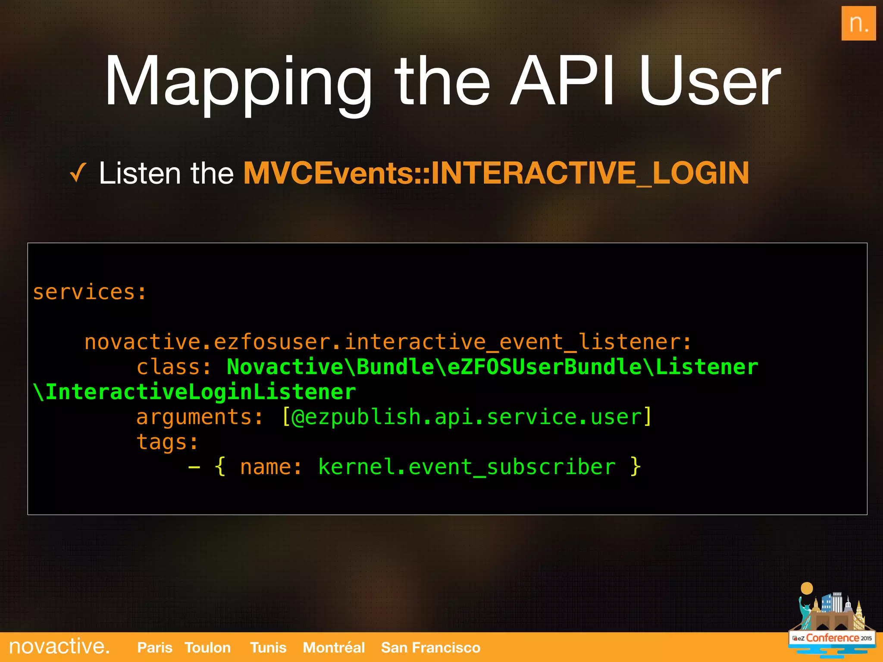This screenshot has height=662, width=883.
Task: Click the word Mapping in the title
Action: (x=238, y=82)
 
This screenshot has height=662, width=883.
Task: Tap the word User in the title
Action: (x=710, y=82)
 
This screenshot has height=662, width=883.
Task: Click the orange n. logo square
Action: (x=858, y=24)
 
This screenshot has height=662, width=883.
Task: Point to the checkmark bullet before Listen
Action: (x=78, y=173)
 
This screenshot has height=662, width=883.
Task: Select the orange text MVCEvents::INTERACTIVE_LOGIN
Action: (x=496, y=173)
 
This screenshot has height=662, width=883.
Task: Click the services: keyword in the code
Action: (x=90, y=292)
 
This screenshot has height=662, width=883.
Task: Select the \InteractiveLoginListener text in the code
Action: (x=194, y=392)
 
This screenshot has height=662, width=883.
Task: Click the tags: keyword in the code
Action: (x=167, y=442)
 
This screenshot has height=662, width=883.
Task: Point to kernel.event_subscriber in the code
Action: (x=467, y=467)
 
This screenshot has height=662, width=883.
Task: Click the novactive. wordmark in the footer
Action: (x=59, y=646)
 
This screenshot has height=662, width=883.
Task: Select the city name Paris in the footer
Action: (x=154, y=647)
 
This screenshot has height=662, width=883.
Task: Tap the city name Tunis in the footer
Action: (x=268, y=647)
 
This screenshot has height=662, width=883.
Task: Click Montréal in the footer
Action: (x=334, y=647)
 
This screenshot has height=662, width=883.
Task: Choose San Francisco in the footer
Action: (x=431, y=647)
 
